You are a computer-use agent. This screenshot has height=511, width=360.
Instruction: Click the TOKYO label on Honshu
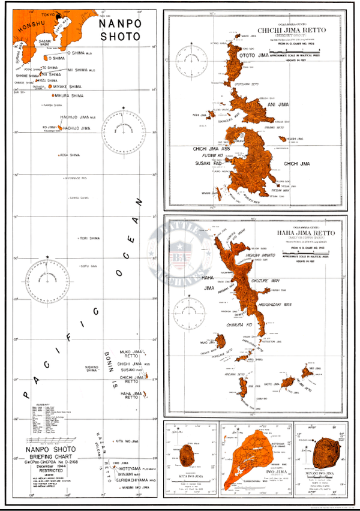(49, 13)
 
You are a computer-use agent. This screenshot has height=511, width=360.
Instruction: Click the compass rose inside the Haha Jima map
(188, 312)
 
